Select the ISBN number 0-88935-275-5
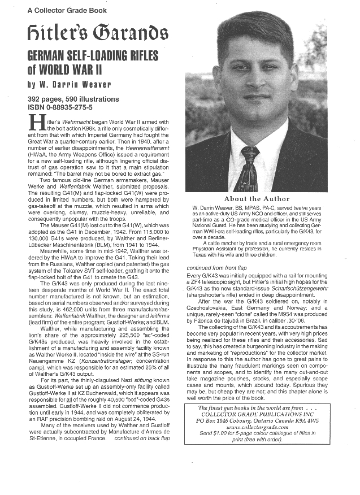[x=60, y=106]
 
